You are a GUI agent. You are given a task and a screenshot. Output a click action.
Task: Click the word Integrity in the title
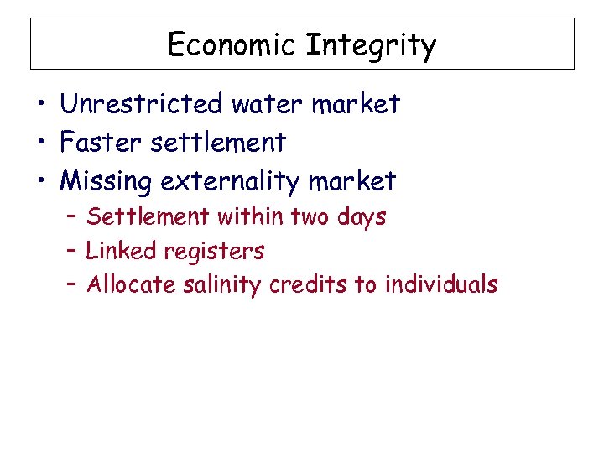[x=371, y=45]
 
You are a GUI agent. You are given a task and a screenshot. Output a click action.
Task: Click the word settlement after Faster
[x=218, y=143]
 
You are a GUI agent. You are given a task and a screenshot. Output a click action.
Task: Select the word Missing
[x=107, y=181]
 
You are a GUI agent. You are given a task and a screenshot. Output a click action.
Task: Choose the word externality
[x=232, y=181]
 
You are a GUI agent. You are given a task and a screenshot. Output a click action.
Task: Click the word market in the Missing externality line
[x=352, y=181]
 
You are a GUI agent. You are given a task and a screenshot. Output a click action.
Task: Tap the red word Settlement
[x=148, y=216]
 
